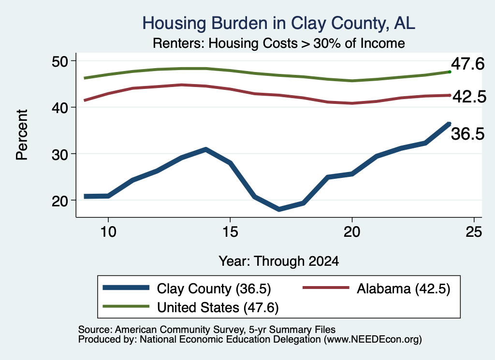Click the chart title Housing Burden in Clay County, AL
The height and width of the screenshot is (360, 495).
pos(278,23)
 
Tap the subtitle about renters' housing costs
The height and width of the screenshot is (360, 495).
pos(279,43)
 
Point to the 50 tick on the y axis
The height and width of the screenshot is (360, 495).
pos(60,61)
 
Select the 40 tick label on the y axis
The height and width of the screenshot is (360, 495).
pos(60,108)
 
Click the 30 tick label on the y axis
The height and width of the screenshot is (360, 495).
pos(60,154)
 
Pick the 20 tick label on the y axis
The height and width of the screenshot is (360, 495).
pos(60,201)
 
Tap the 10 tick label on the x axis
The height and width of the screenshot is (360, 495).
pos(108,232)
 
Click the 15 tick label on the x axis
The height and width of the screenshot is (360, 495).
pos(230,232)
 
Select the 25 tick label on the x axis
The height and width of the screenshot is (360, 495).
pos(474,232)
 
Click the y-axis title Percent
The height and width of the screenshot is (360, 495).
pos(22,135)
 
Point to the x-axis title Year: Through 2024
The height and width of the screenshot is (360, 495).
pos(279,261)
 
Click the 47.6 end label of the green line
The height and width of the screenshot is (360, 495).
pos(467,64)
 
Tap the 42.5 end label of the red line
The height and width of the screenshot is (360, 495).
pos(469,97)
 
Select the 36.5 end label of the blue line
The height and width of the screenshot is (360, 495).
pos(467,134)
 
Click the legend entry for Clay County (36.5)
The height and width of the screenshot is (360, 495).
pos(187,288)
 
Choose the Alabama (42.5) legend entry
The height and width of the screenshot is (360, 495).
pos(376,288)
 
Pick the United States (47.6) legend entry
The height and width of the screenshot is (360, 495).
pos(190,307)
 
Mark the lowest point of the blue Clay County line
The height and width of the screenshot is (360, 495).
pos(279,209)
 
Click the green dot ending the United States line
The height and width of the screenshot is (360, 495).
pos(450,72)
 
